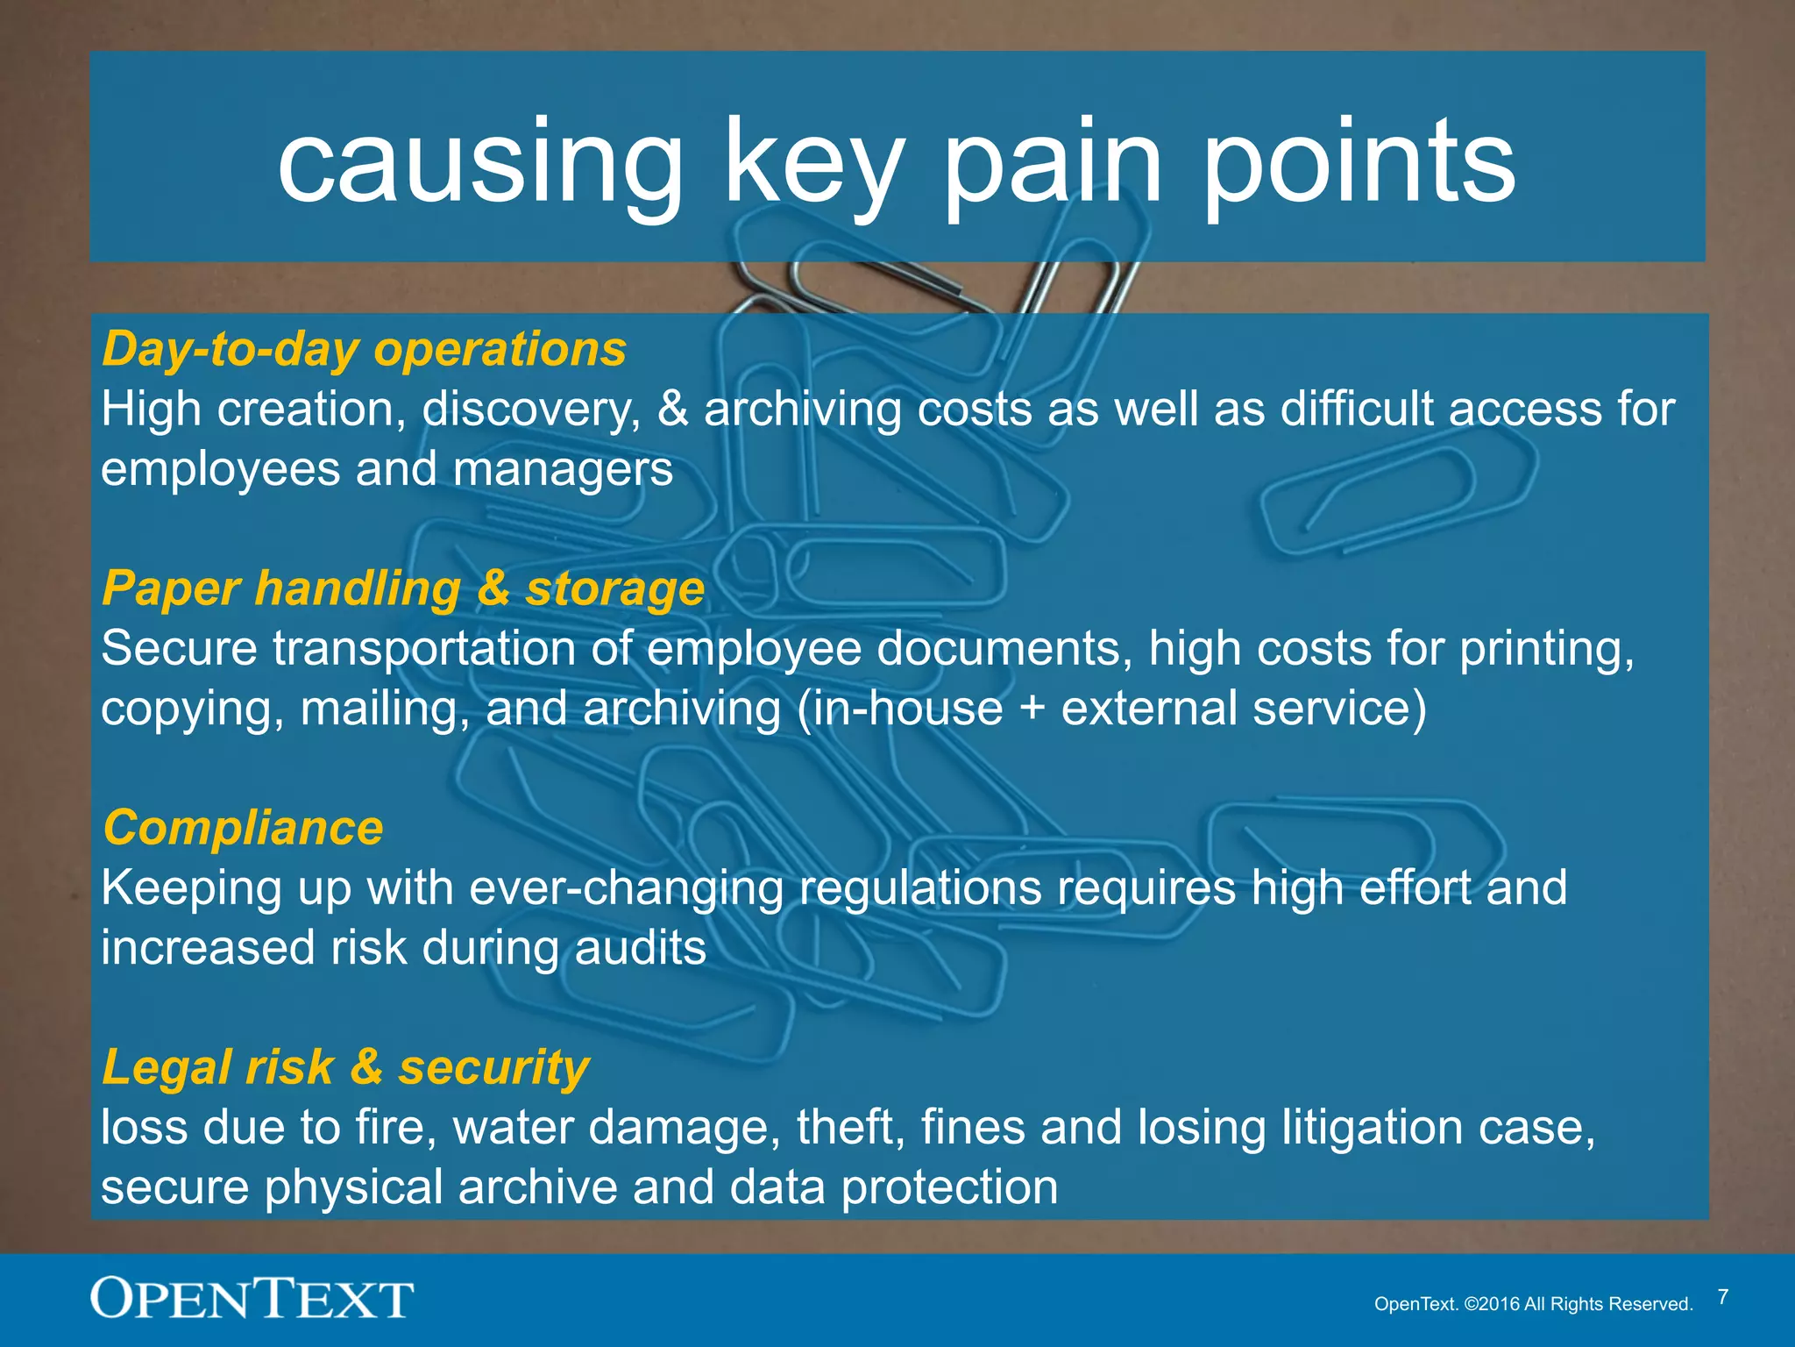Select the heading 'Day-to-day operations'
point(364,349)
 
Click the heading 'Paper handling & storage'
point(403,588)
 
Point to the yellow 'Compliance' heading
point(243,827)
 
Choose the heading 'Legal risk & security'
point(345,1067)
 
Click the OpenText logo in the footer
point(252,1299)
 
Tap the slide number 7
point(1723,1297)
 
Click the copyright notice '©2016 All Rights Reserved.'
point(1579,1304)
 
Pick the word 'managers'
point(563,469)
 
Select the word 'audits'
point(641,948)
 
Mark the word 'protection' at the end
point(949,1187)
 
